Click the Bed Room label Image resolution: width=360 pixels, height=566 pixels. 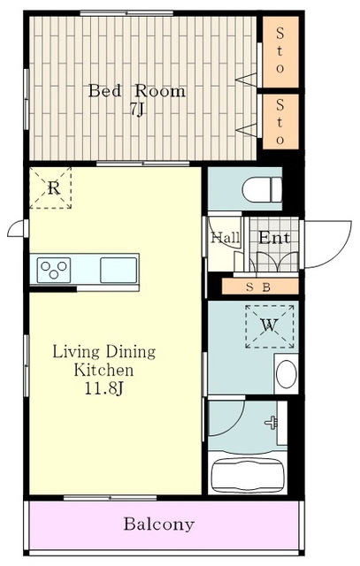tap(137, 91)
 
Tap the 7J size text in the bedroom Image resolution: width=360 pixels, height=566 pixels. tap(137, 109)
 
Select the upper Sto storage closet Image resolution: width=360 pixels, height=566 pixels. tap(280, 51)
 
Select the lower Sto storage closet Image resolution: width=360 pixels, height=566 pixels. tap(280, 122)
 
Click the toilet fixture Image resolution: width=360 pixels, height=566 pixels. tap(262, 188)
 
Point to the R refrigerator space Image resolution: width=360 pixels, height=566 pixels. tap(50, 187)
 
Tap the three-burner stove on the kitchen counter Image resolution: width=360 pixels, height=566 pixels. tap(54, 270)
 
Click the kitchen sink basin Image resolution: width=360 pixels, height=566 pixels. tap(119, 270)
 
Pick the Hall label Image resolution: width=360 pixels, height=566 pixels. tap(226, 238)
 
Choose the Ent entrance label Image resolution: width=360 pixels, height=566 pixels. tap(274, 238)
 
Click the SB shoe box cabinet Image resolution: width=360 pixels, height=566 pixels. tap(260, 287)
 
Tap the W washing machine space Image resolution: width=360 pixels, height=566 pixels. tap(270, 326)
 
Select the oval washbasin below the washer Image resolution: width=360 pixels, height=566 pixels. tap(287, 373)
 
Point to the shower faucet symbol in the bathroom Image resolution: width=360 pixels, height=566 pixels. tap(272, 423)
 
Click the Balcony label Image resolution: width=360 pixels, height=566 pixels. tap(159, 524)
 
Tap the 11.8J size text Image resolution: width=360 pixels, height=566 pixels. tap(104, 388)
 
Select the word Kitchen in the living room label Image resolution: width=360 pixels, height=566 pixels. tap(103, 370)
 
